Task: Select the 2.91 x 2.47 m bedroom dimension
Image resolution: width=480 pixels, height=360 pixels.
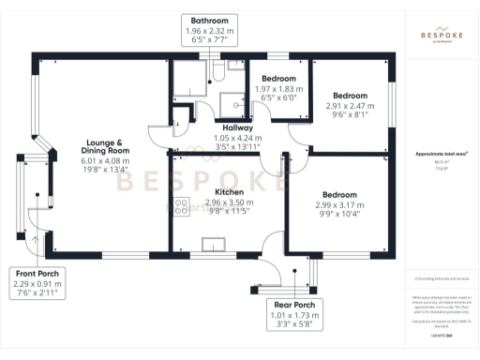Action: [348, 106]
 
